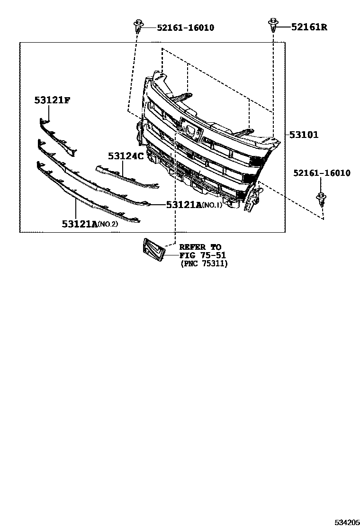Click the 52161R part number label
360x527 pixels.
click(x=308, y=27)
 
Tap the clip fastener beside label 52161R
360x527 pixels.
click(x=273, y=25)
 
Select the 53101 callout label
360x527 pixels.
click(x=304, y=135)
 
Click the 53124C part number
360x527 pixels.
click(x=125, y=155)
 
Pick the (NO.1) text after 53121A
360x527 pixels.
click(x=212, y=205)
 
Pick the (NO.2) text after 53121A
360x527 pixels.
click(x=108, y=224)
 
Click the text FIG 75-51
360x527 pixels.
click(x=202, y=255)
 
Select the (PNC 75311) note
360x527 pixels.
click(x=204, y=264)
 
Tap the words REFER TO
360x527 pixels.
click(x=200, y=247)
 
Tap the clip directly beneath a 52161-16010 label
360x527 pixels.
click(x=321, y=200)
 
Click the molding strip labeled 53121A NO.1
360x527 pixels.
click(x=95, y=178)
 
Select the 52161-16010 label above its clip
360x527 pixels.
click(x=322, y=173)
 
